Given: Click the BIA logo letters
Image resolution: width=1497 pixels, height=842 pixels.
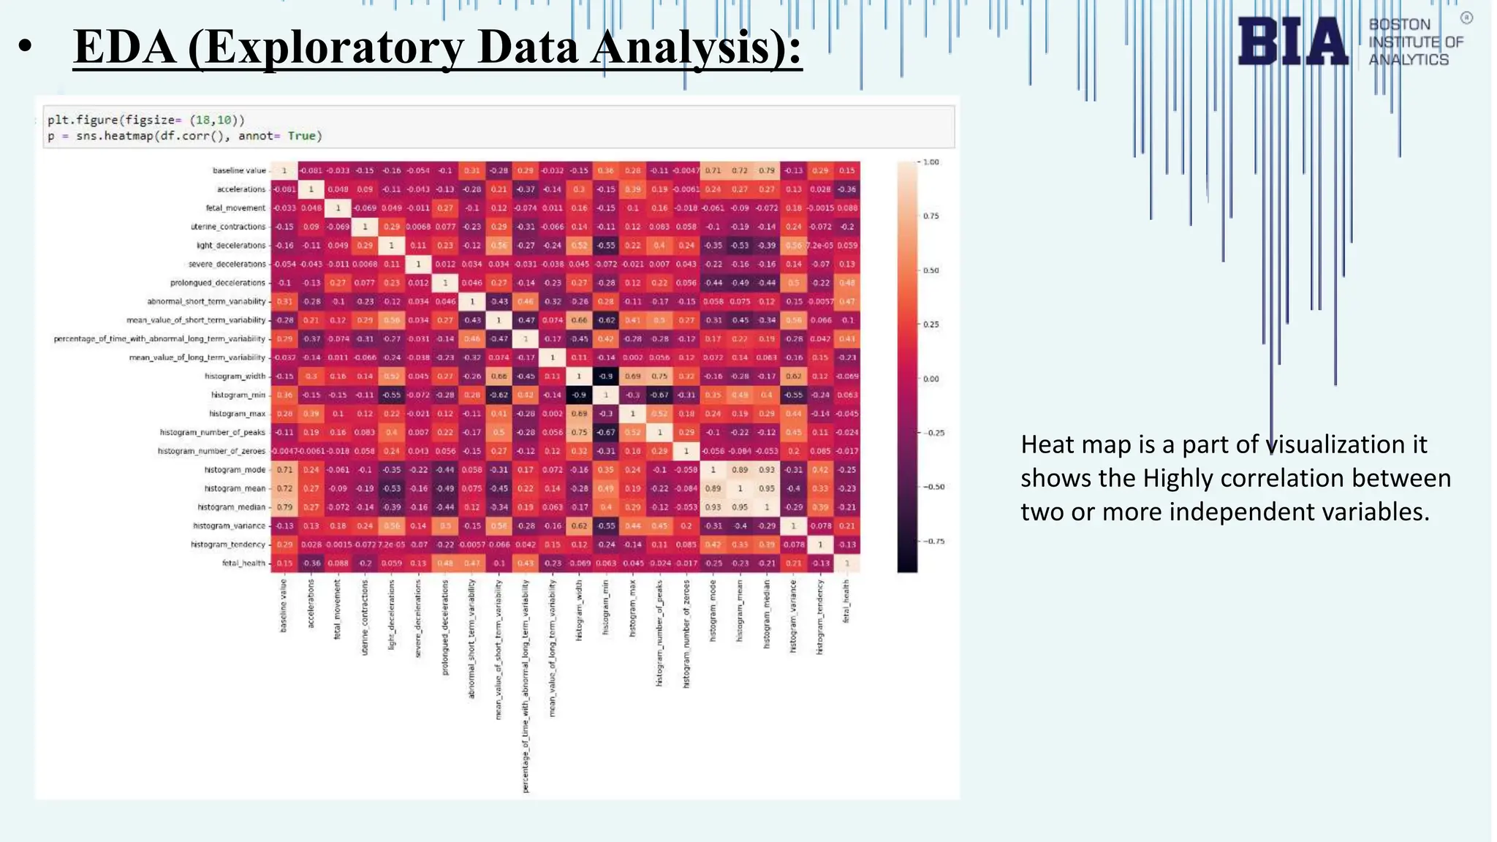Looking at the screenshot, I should pyautogui.click(x=1292, y=42).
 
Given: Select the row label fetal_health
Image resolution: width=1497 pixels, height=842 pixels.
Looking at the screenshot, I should pyautogui.click(x=244, y=564).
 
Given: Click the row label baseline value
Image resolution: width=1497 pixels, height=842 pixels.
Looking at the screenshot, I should pyautogui.click(x=239, y=170).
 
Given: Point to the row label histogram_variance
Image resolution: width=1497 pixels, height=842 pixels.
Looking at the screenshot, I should pyautogui.click(x=229, y=526).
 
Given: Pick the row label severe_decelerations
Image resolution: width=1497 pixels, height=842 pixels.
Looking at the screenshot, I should pyautogui.click(x=227, y=264).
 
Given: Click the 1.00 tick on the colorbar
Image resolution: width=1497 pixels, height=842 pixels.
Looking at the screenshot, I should pyautogui.click(x=931, y=162).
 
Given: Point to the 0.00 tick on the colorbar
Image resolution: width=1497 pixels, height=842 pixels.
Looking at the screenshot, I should pyautogui.click(x=931, y=379).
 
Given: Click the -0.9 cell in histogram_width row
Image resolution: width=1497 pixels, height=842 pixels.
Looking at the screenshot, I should pyautogui.click(x=606, y=376).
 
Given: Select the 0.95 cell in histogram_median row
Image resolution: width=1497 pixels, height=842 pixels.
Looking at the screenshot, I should pyautogui.click(x=740, y=507).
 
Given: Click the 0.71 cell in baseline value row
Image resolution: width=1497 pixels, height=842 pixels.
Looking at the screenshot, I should pyautogui.click(x=713, y=170).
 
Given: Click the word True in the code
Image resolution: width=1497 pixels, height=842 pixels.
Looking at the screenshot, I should pyautogui.click(x=301, y=136).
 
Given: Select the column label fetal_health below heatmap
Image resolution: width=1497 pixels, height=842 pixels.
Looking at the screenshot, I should pyautogui.click(x=846, y=601).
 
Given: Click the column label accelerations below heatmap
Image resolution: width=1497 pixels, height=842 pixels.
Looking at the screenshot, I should pyautogui.click(x=311, y=604).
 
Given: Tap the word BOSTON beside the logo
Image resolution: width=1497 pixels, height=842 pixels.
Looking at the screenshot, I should pyautogui.click(x=1399, y=25).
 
